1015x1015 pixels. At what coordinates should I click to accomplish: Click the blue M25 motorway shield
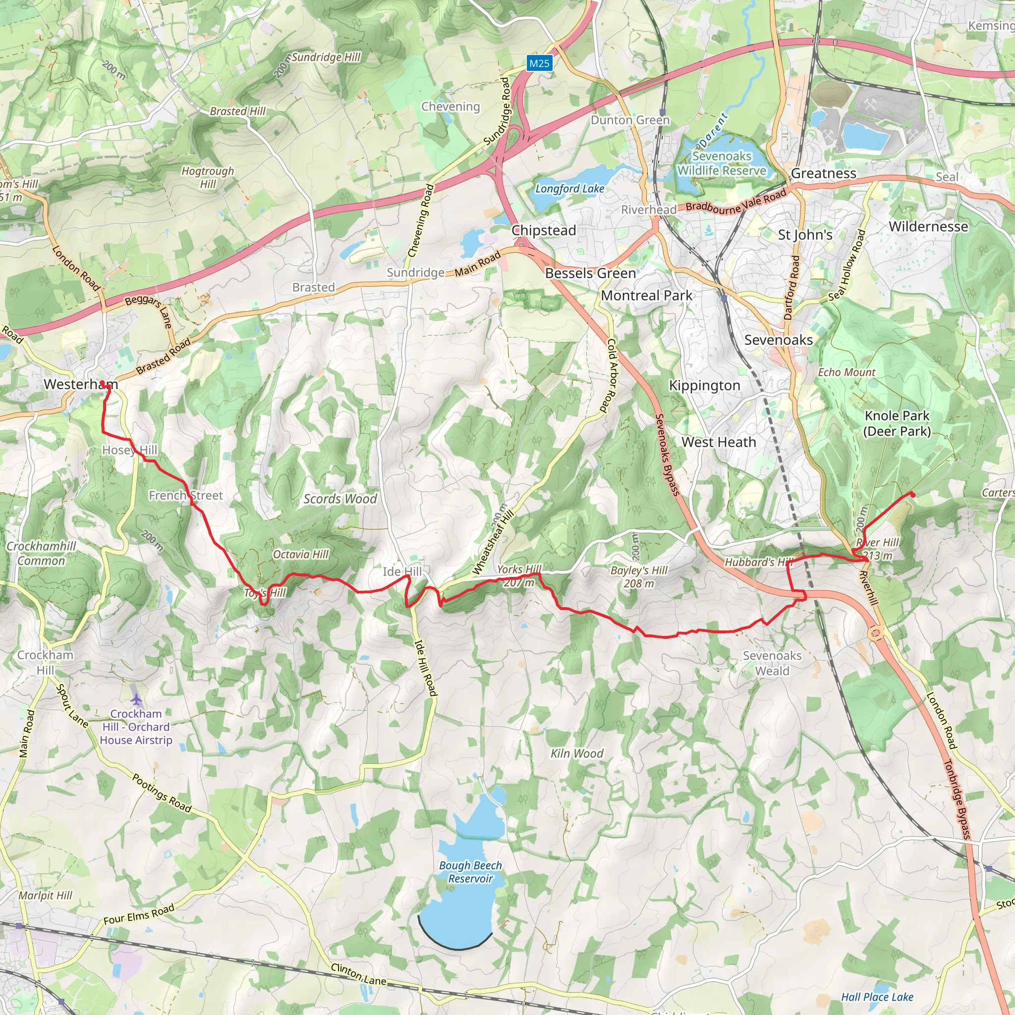point(539,63)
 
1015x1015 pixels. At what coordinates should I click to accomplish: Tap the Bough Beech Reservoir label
point(470,872)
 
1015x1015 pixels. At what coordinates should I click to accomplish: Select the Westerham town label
point(80,384)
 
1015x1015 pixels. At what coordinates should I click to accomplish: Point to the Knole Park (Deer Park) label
point(897,423)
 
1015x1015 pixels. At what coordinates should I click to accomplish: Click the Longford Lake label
point(569,189)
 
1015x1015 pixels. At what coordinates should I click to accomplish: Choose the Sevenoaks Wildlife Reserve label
point(722,164)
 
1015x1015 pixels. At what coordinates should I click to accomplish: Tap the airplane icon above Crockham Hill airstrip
point(137,700)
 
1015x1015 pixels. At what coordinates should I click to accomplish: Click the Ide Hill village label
point(402,571)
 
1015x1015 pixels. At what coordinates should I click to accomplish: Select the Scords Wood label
point(340,499)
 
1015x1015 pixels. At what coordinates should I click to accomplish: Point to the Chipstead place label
point(544,230)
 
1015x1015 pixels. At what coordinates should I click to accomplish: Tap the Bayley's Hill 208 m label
point(639,577)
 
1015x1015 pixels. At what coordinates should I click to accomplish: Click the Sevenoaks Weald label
point(772,663)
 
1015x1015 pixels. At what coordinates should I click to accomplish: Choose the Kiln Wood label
point(577,753)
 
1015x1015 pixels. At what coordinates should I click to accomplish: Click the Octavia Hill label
point(300,554)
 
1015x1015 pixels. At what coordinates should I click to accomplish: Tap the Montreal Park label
point(647,296)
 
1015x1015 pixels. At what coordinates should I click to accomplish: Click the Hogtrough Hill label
point(208,177)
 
